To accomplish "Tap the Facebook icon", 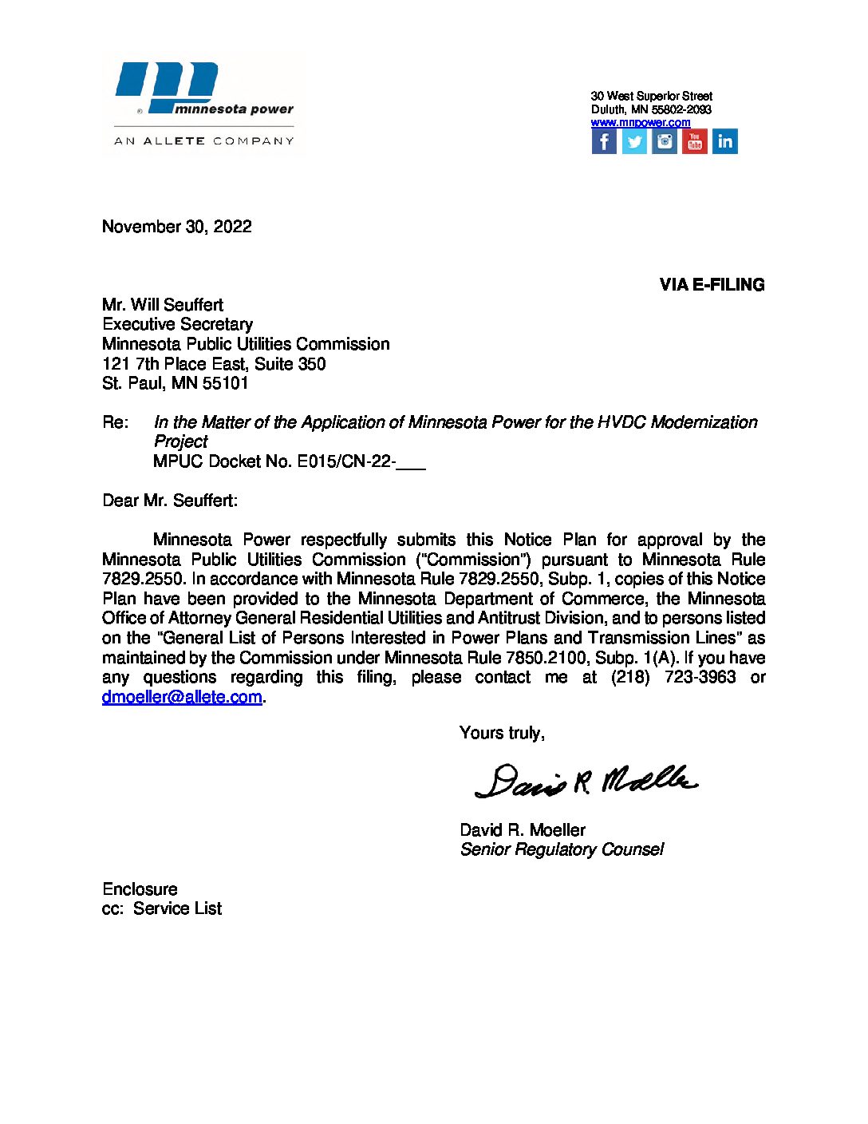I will tap(604, 141).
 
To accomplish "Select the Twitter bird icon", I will tap(634, 141).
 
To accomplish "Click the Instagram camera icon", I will tap(665, 141).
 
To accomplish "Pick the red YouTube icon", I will tap(694, 141).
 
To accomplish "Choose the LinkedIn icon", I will tap(724, 141).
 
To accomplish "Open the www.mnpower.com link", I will tap(641, 122).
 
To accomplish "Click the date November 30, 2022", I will tap(177, 227).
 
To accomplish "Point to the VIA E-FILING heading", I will tap(712, 285).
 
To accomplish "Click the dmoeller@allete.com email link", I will tap(182, 697).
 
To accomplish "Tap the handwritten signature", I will tap(586, 780).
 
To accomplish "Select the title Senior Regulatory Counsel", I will tap(562, 849).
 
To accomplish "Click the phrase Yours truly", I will tap(502, 733).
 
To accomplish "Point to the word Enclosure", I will tap(140, 889).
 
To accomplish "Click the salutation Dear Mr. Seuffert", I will tap(170, 501).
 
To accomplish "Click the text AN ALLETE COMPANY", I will tap(204, 141).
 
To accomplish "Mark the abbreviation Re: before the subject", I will tap(115, 422).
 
